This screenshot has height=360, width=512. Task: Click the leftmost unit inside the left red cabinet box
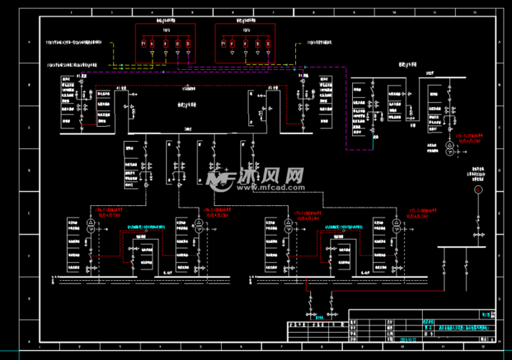[143, 44]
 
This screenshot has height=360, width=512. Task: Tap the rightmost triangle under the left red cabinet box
[189, 54]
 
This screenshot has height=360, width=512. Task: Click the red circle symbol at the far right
[484, 189]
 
